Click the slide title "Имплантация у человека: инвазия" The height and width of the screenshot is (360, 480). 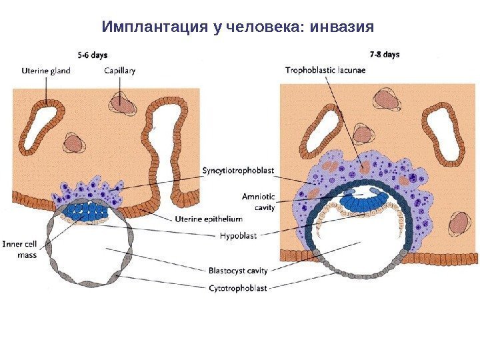click(x=238, y=27)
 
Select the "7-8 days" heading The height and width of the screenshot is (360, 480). click(x=385, y=54)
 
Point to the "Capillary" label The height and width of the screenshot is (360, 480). click(x=120, y=70)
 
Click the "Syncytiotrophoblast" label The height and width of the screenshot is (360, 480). click(x=238, y=171)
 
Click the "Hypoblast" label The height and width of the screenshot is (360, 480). click(x=238, y=235)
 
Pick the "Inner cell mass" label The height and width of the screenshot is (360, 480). click(x=21, y=249)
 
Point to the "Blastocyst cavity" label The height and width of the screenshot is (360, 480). click(x=238, y=271)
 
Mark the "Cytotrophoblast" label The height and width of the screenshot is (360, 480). click(x=237, y=288)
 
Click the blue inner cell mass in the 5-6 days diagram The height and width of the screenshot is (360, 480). click(x=87, y=213)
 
